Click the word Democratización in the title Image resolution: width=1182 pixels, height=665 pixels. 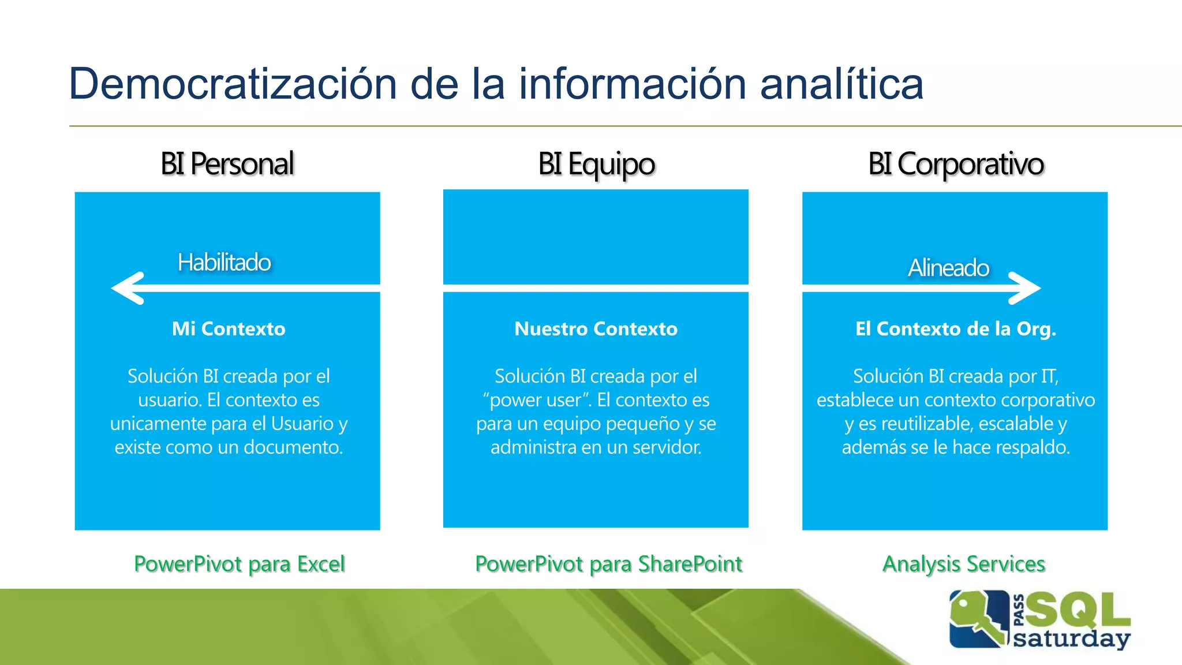pos(232,84)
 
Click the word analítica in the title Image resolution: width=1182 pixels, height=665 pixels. pos(841,84)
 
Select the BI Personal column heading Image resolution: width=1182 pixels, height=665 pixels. pos(227,164)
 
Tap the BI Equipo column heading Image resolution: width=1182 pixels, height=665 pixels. pos(596,164)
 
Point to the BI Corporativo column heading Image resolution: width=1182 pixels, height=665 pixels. pos(956,164)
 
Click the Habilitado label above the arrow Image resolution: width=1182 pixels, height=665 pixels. pos(224,263)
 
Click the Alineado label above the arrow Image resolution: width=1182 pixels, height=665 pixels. pos(948,268)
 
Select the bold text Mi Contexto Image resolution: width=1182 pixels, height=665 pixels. pos(229,329)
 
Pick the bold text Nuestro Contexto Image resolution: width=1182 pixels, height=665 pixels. pos(596,329)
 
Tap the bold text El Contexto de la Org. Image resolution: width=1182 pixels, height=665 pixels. pos(955,329)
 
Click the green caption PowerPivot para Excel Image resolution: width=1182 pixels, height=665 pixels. pos(239,564)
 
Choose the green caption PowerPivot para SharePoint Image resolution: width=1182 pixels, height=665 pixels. pos(608,564)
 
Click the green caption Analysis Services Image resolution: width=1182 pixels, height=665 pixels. pos(964,564)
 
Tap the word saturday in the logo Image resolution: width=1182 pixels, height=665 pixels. pos(1071,639)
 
